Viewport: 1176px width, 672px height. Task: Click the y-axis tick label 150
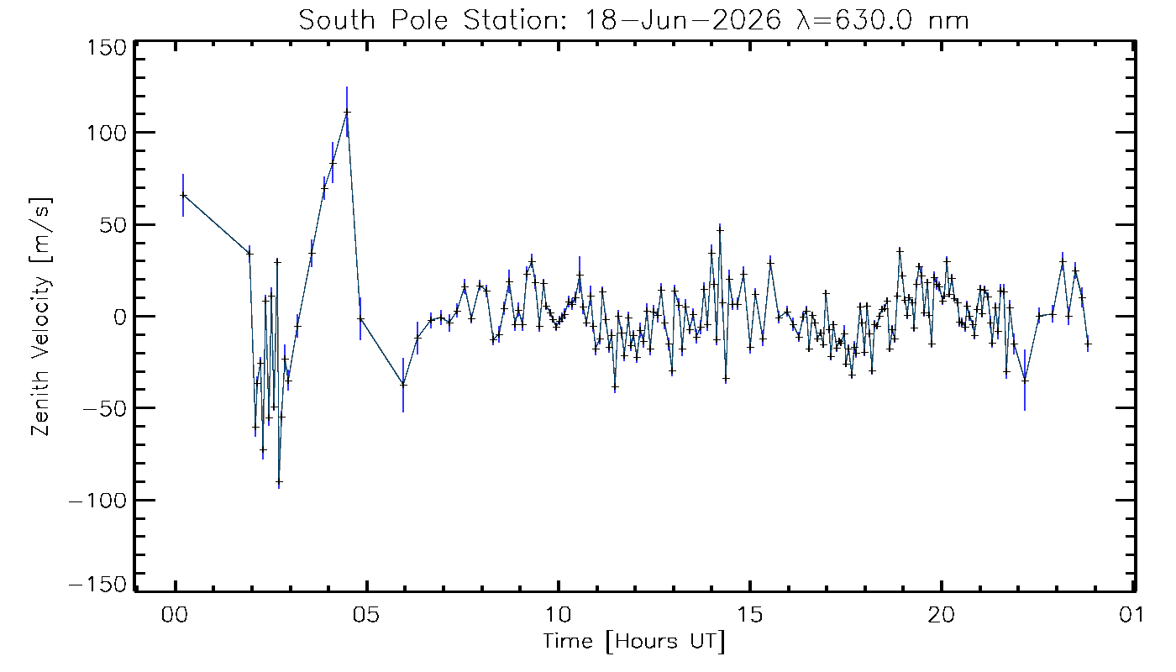pyautogui.click(x=108, y=49)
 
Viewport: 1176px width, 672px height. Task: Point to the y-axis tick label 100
pyautogui.click(x=108, y=133)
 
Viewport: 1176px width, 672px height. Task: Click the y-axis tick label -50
pyautogui.click(x=106, y=408)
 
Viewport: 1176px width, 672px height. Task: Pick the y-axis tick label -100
pyautogui.click(x=99, y=501)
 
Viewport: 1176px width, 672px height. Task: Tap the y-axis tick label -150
pyautogui.click(x=99, y=585)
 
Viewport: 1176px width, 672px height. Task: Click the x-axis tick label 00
pyautogui.click(x=175, y=615)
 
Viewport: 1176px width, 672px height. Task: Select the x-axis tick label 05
pyautogui.click(x=366, y=615)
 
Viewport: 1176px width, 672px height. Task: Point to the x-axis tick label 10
pyautogui.click(x=558, y=615)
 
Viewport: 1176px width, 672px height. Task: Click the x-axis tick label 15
pyautogui.click(x=749, y=615)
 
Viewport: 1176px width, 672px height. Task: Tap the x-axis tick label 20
pyautogui.click(x=942, y=615)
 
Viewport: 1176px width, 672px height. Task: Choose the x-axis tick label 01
pyautogui.click(x=1132, y=615)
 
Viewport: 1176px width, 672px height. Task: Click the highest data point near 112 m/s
pyautogui.click(x=347, y=112)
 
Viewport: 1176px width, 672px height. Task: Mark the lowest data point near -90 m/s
pyautogui.click(x=279, y=481)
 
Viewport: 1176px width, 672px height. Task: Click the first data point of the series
pyautogui.click(x=183, y=195)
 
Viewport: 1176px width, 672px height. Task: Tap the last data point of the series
pyautogui.click(x=1088, y=344)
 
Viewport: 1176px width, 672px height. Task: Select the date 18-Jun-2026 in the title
pyautogui.click(x=682, y=21)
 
